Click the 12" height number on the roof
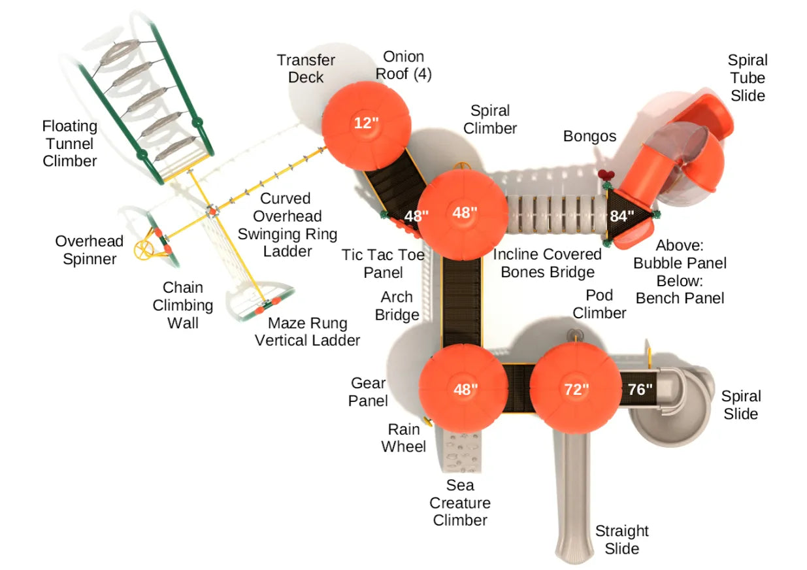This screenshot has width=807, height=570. point(367,122)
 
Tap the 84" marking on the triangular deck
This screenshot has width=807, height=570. point(622,215)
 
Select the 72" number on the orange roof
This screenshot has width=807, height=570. point(576,389)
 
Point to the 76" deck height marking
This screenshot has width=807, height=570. point(640,389)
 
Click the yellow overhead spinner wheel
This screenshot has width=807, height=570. point(144,249)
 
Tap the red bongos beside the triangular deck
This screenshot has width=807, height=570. point(607,175)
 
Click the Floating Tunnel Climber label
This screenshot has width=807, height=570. point(69,143)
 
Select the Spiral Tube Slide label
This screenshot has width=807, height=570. point(748,78)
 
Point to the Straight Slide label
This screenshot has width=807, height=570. point(621,539)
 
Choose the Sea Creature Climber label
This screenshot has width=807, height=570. point(460,503)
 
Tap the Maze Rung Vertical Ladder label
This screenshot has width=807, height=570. point(307,331)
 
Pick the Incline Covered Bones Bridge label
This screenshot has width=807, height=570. point(547,263)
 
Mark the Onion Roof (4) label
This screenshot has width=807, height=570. point(403,65)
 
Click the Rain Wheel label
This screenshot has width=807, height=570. point(404,438)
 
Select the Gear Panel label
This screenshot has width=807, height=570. point(368,392)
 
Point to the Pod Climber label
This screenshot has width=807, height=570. point(599,304)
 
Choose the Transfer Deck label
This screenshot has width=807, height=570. point(306,69)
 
